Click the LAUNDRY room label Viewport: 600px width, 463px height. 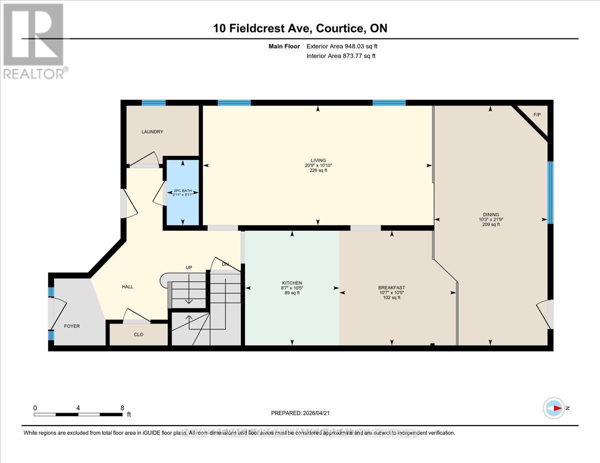tap(152, 132)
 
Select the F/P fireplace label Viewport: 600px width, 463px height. tap(537, 115)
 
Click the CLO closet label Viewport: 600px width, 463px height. tap(139, 335)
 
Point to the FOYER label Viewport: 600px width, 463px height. tap(71, 326)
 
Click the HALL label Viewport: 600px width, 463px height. tap(127, 287)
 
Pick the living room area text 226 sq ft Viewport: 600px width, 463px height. tap(318, 171)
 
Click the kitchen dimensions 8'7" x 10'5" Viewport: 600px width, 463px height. tap(292, 288)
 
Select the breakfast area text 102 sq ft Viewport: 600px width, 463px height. tap(391, 298)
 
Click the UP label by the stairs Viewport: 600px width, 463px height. tap(189, 268)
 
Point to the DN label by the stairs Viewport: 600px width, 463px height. tap(225, 264)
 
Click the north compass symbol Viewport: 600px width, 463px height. tap(554, 408)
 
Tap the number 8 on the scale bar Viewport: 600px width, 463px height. tap(122, 408)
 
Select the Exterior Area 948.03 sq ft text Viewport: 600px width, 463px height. tap(341, 46)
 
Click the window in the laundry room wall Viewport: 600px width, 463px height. tap(153, 103)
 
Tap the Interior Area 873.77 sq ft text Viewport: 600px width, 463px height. tap(340, 56)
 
